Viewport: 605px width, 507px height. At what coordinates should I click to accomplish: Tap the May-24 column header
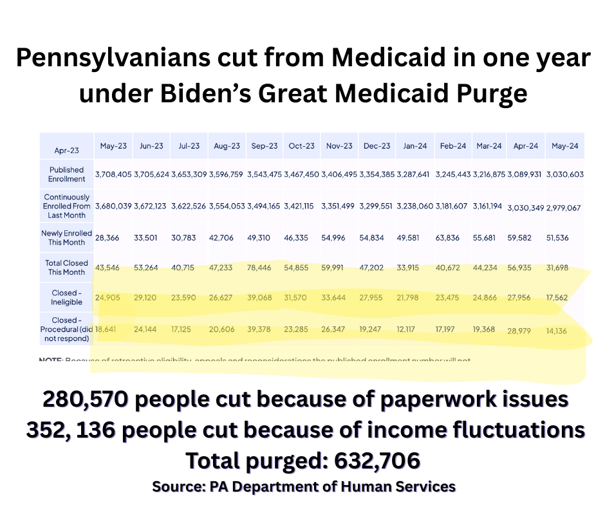(x=564, y=147)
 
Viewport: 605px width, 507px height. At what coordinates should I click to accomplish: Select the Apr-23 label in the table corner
(x=66, y=151)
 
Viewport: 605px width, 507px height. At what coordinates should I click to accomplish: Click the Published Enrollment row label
(x=66, y=174)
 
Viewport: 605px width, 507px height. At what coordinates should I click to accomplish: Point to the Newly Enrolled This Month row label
(x=66, y=237)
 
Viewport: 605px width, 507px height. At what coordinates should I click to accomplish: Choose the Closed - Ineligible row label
(x=66, y=297)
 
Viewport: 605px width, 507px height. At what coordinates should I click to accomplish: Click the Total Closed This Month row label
(x=66, y=267)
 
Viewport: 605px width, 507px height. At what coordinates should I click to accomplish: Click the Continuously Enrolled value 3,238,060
(x=414, y=207)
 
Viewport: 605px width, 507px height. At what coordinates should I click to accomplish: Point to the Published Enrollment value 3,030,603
(x=564, y=174)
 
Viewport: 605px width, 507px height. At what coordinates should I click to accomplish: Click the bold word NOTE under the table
(x=51, y=359)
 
